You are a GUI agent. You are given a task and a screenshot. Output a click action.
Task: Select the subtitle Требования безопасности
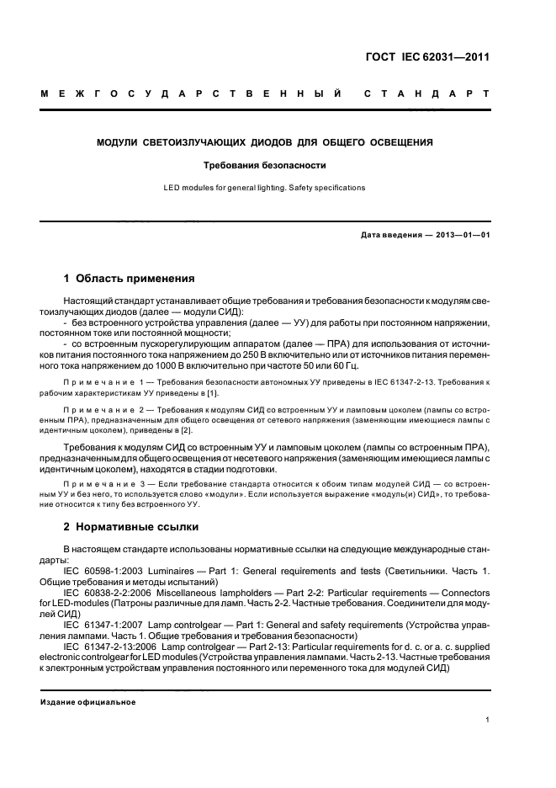pyautogui.click(x=264, y=166)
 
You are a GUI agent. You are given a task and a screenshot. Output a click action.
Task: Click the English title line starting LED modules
pyautogui.click(x=264, y=188)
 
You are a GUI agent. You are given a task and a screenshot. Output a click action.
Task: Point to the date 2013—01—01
pyautogui.click(x=453, y=234)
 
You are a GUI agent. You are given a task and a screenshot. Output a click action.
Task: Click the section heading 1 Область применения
pyautogui.click(x=130, y=278)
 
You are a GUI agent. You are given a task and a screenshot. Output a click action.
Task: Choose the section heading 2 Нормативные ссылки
pyautogui.click(x=131, y=527)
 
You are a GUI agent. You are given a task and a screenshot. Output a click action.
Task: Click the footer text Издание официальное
pyautogui.click(x=87, y=702)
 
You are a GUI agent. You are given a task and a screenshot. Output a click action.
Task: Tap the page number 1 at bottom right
pyautogui.click(x=488, y=719)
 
